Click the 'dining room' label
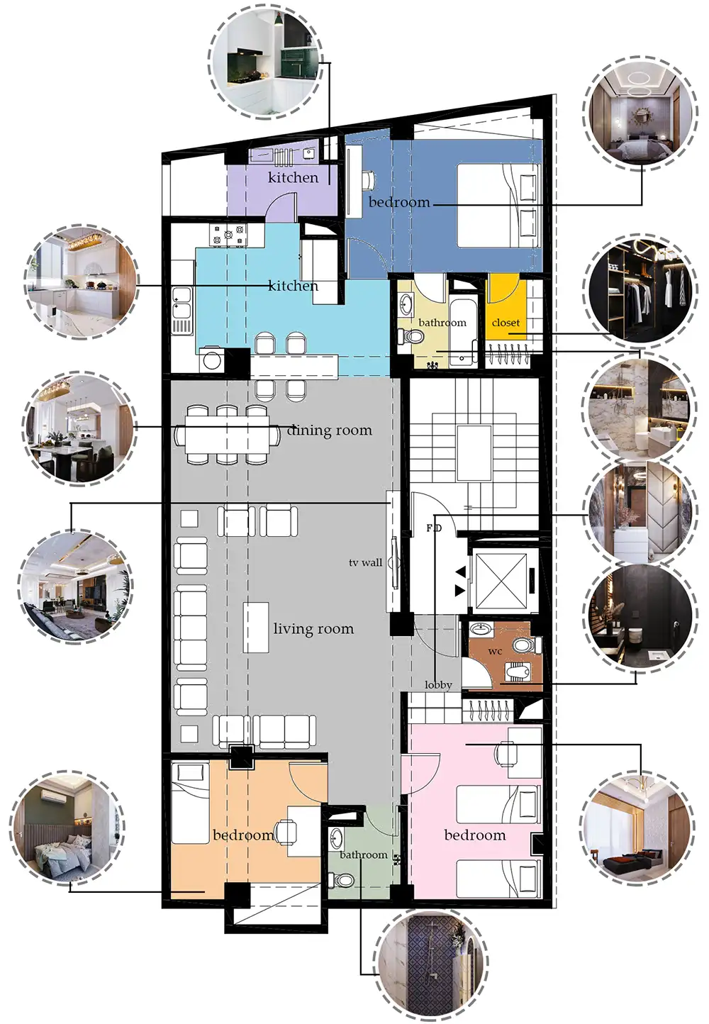coord(330,430)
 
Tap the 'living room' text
coord(313,628)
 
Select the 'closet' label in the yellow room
coord(506,322)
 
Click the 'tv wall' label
coord(365,562)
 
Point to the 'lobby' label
coord(438,685)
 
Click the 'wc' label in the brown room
coord(495,652)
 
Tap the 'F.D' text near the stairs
coord(434,528)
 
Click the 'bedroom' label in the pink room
coord(475,835)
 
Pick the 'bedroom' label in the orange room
coord(244,835)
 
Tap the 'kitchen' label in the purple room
coord(293,177)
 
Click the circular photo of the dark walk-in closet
coord(640,291)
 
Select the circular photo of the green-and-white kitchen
coord(267,62)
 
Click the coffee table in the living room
coord(255,628)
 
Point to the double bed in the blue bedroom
coord(500,206)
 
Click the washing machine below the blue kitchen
coord(212,360)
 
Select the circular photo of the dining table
coord(79,427)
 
